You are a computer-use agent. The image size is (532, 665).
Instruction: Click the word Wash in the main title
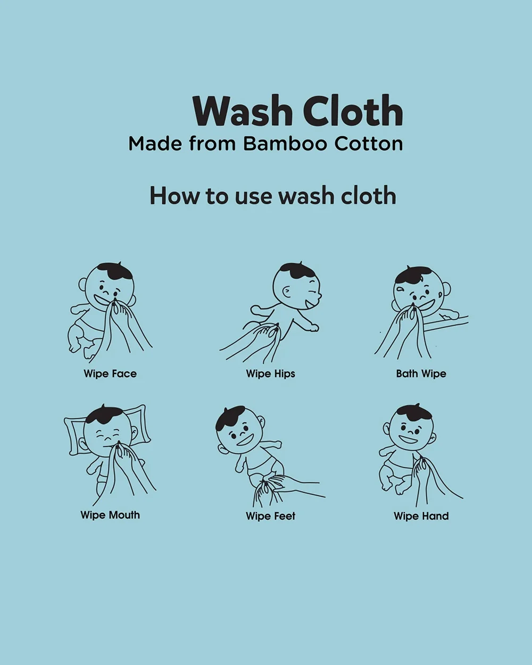click(x=243, y=111)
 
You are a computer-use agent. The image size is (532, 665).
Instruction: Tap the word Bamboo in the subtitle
click(x=285, y=144)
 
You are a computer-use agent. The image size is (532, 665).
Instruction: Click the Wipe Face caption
click(x=110, y=373)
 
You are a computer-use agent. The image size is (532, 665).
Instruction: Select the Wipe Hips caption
click(x=270, y=373)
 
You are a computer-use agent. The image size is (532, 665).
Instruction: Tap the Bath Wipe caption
click(x=421, y=373)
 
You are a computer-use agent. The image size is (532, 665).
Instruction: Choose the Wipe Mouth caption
click(x=110, y=515)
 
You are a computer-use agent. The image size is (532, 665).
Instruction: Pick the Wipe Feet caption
click(x=270, y=516)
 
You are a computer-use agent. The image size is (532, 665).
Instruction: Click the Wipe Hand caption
click(x=421, y=516)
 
